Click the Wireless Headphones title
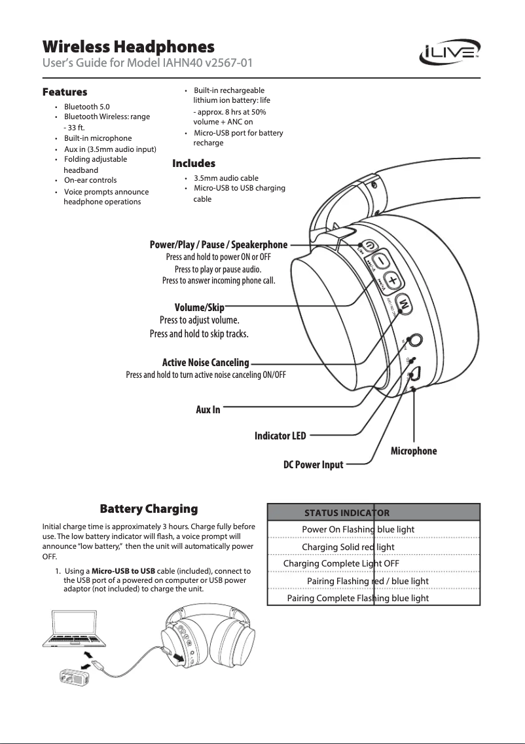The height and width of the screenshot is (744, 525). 128,47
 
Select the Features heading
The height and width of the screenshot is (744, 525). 65,92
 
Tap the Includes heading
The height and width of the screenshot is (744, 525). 193,163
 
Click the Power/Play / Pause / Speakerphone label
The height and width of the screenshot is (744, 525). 218,245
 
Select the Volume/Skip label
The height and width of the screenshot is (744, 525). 200,308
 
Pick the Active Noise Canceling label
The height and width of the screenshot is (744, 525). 206,362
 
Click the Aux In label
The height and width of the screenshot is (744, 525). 208,409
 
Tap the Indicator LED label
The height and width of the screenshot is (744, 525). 280,435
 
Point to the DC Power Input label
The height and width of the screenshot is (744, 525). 313,465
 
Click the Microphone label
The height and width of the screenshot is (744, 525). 413,451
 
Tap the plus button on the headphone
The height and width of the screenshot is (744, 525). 391,281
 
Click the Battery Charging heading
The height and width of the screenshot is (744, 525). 148,509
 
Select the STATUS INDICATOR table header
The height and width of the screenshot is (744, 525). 347,512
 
